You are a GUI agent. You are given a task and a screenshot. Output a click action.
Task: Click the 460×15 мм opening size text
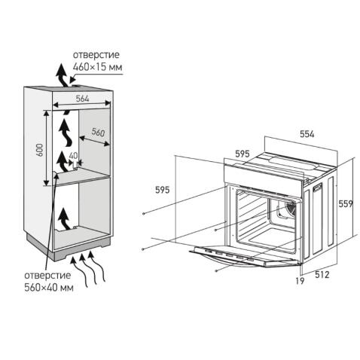tap(97, 67)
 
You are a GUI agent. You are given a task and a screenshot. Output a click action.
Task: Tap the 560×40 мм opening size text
tap(49, 288)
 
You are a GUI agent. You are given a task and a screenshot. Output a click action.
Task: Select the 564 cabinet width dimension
tap(83, 99)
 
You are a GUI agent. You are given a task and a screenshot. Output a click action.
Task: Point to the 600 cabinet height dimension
tap(40, 150)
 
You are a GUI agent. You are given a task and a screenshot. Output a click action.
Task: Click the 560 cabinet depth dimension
tap(98, 132)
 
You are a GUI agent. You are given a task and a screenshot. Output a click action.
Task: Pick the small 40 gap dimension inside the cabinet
tap(73, 156)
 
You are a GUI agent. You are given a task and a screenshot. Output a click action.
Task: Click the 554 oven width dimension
tap(307, 134)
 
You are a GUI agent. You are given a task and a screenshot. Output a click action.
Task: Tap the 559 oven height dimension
tap(346, 203)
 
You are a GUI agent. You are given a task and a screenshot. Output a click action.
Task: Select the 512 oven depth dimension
tap(322, 275)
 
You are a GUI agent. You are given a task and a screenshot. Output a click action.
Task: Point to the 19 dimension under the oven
tap(300, 281)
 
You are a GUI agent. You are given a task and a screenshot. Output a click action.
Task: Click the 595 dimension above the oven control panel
tap(243, 154)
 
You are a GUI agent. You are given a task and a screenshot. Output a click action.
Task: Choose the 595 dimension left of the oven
tap(163, 190)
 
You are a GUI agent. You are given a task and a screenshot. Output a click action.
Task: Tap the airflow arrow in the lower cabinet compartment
tap(64, 219)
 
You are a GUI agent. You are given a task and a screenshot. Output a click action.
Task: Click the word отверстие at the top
tap(96, 55)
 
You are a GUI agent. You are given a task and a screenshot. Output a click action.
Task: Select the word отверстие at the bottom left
tap(47, 275)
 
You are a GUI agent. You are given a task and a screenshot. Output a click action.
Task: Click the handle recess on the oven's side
tap(317, 187)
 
